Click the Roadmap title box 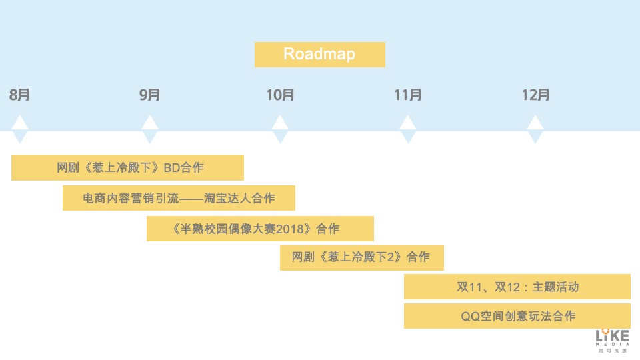tap(319, 54)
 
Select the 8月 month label tap(19, 95)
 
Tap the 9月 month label tap(150, 95)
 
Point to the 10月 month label tap(280, 95)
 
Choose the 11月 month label tap(407, 95)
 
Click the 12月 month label tap(535, 95)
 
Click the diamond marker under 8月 tap(20, 130)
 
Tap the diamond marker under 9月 tap(150, 130)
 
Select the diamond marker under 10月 tap(280, 130)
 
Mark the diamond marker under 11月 tap(407, 130)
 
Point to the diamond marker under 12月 tap(535, 130)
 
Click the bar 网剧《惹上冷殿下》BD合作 tap(127, 167)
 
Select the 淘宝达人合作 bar tap(179, 198)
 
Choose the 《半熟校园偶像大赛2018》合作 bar tap(260, 229)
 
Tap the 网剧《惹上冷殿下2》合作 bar tap(361, 257)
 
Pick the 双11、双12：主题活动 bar tap(517, 287)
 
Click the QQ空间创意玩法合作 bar tap(517, 316)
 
